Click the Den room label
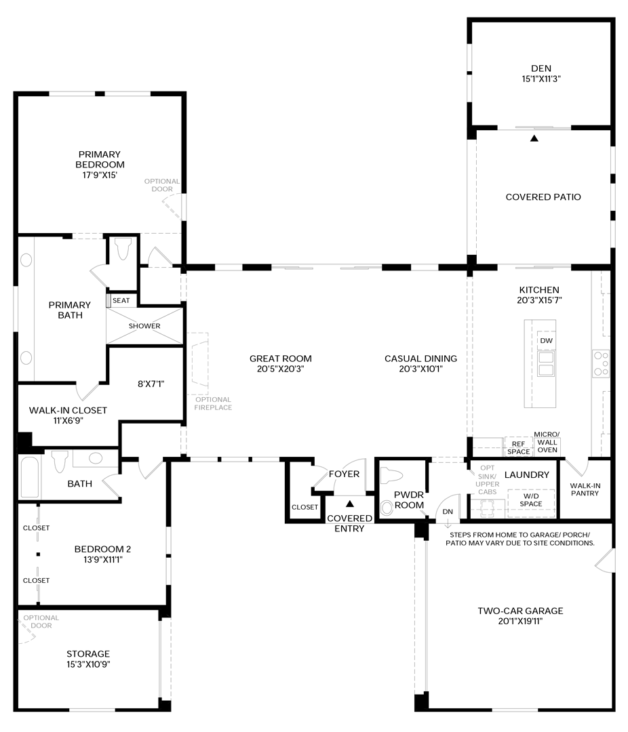[x=541, y=68]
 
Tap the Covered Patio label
[x=543, y=197]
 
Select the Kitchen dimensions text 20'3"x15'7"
[x=539, y=301]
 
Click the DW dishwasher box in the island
[x=546, y=340]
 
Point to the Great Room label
[x=280, y=359]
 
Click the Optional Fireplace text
[x=214, y=403]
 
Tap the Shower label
[x=144, y=326]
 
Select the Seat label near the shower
[x=121, y=301]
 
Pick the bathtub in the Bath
[x=30, y=477]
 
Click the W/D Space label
[x=531, y=500]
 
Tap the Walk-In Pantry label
[x=585, y=489]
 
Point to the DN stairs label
[x=448, y=512]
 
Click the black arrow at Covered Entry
[x=349, y=504]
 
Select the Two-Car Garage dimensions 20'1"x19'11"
[x=521, y=622]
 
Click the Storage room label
[x=88, y=654]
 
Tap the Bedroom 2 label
[x=103, y=549]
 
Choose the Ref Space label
[x=519, y=448]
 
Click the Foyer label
[x=344, y=474]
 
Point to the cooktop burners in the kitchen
[x=601, y=364]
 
